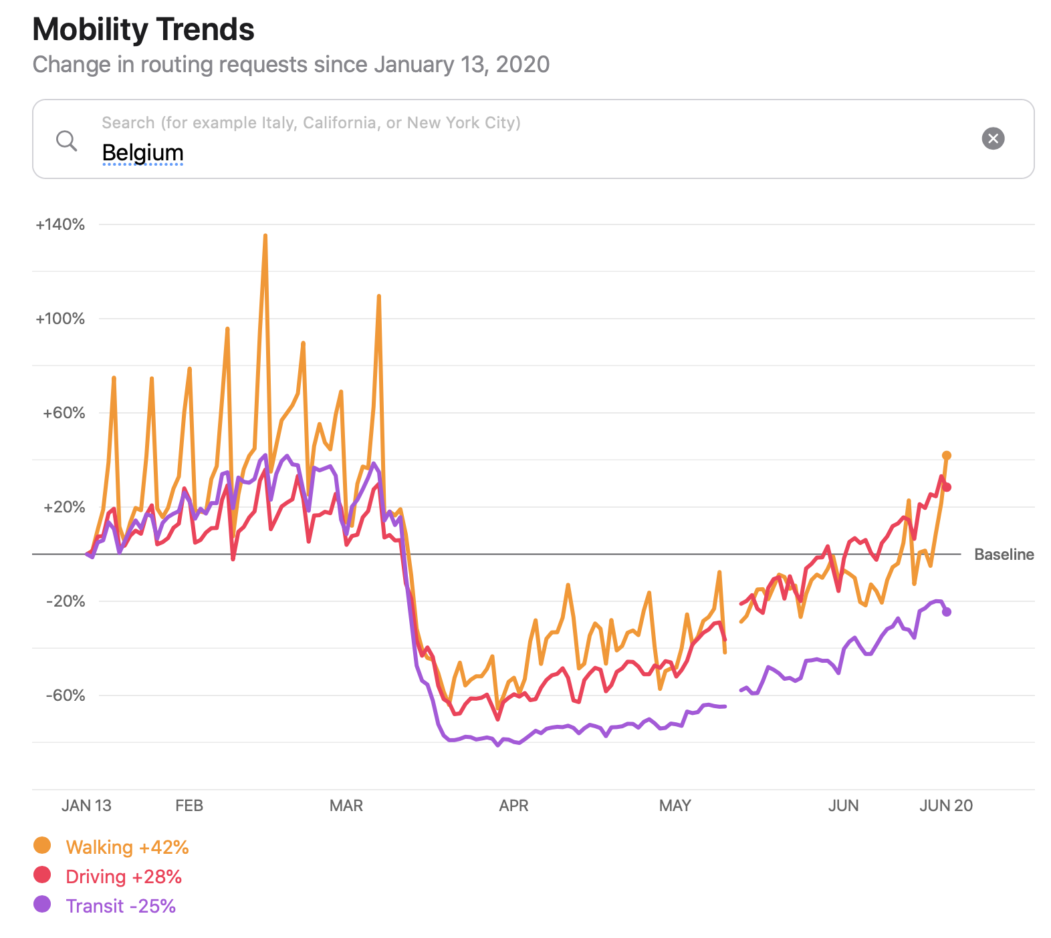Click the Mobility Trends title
pos(143,29)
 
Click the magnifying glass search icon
pos(66,140)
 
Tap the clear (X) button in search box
pos(993,138)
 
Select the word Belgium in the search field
pos(142,153)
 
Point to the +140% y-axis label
pos(60,224)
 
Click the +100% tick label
pos(60,319)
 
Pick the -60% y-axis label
pos(65,695)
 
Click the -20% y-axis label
pos(65,601)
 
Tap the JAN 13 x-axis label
pos(86,806)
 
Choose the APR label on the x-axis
pos(513,806)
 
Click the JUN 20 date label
pos(946,806)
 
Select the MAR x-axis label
pos(346,806)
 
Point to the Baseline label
pos(1004,555)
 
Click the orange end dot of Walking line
pos(947,456)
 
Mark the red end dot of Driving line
pos(947,487)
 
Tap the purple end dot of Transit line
pos(947,612)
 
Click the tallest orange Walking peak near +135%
pos(265,237)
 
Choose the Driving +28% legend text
pos(124,877)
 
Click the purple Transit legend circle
pos(42,905)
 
